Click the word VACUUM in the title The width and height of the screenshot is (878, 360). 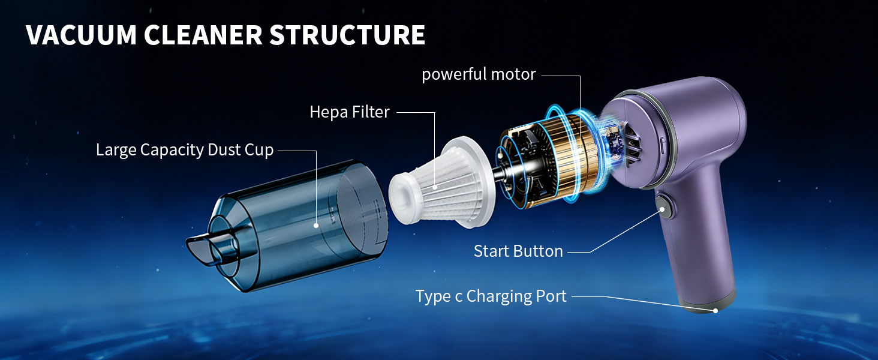pos(81,35)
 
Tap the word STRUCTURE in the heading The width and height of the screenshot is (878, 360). pos(347,35)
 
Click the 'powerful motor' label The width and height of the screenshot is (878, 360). pos(479,74)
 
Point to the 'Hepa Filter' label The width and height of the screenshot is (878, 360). pos(350,112)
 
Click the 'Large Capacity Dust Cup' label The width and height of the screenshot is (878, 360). pos(185,150)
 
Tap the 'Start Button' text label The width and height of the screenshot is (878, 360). pos(518,251)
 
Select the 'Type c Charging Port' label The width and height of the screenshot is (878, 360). pos(491,296)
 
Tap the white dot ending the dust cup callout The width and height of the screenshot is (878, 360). pos(316,226)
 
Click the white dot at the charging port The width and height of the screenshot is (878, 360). pos(715,311)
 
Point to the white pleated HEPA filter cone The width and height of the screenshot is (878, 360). pos(443,183)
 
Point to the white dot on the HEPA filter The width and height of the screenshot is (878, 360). pos(435,187)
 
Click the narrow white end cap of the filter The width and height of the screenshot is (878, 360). pos(403,199)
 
